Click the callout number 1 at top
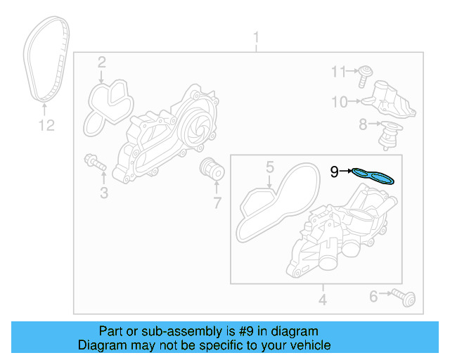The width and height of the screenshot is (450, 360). (x=256, y=37)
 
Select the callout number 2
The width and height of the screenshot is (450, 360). (x=101, y=63)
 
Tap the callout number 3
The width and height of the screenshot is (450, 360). (x=104, y=192)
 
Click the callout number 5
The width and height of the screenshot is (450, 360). (x=269, y=167)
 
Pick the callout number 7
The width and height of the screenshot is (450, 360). (x=217, y=203)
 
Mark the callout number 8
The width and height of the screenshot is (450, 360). (x=363, y=124)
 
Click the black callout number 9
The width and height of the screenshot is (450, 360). (x=335, y=170)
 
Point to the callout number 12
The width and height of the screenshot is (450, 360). (x=46, y=126)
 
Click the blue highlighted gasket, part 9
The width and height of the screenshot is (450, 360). (x=373, y=174)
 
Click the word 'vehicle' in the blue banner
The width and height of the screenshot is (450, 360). (x=308, y=345)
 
